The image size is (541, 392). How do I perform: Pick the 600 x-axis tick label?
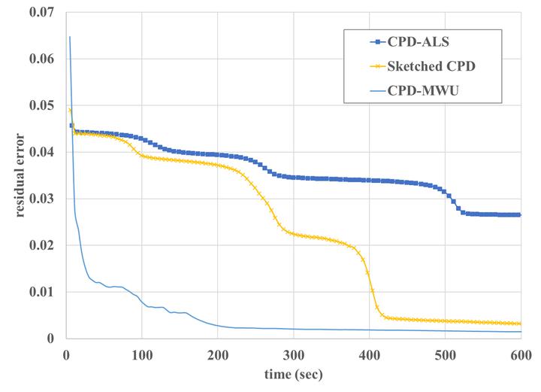(521, 354)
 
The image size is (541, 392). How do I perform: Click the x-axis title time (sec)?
(293, 374)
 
